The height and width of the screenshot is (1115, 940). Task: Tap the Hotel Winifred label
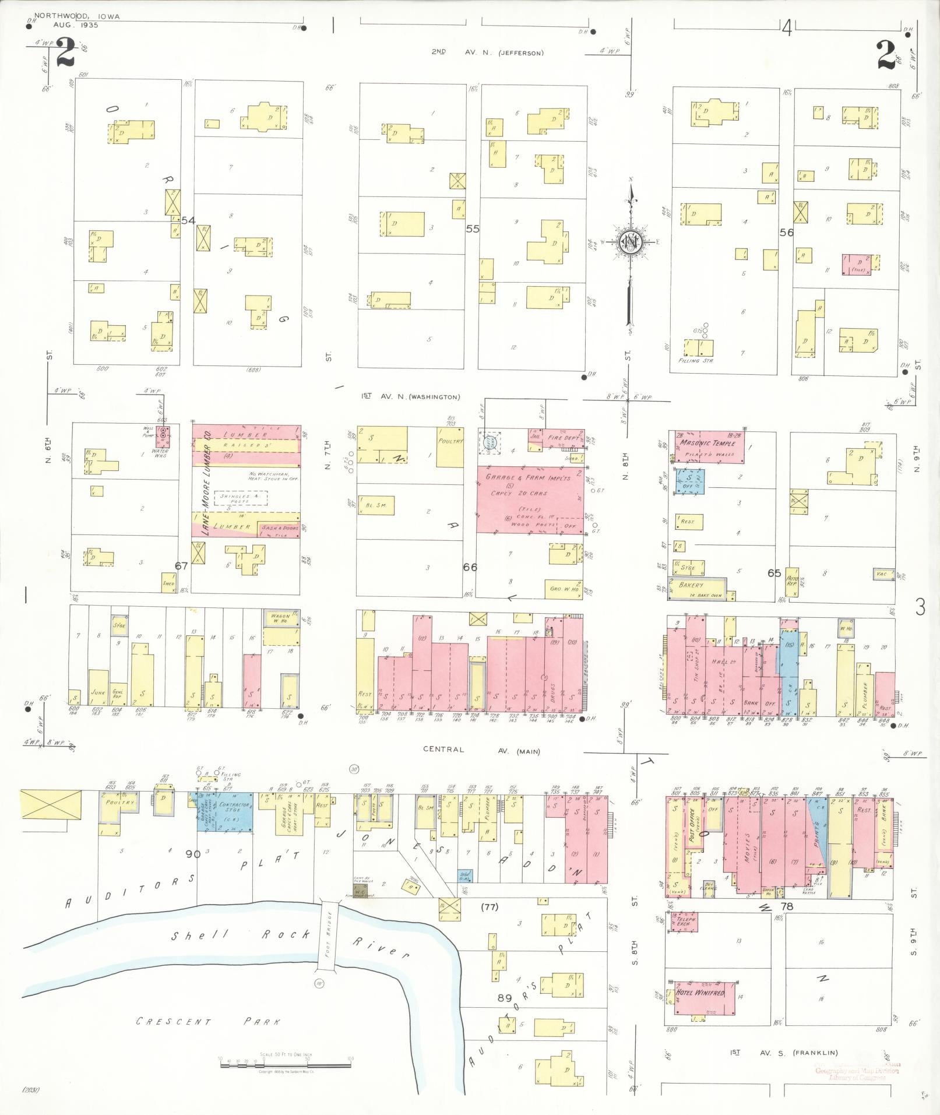(700, 993)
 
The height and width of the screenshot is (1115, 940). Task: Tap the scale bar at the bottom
(286, 1064)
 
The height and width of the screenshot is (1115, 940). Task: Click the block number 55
(472, 229)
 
